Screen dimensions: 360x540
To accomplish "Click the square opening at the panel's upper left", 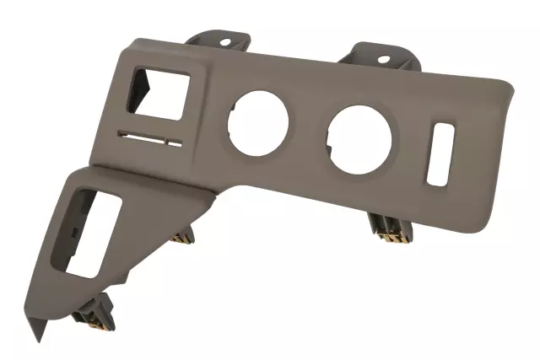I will [157, 92].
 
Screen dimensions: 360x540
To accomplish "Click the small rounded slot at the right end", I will [440, 154].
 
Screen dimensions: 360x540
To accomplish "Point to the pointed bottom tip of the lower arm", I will [37, 337].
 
